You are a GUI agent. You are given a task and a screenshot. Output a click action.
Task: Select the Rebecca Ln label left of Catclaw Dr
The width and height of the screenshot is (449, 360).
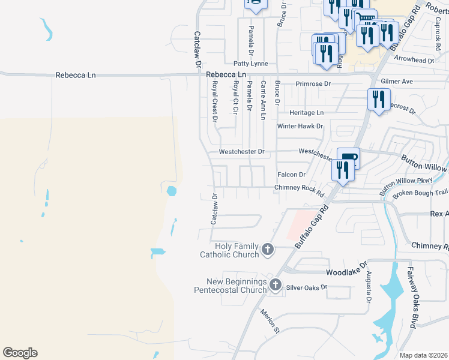76,75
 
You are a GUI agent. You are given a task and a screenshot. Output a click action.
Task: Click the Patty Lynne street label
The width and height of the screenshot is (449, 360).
251,63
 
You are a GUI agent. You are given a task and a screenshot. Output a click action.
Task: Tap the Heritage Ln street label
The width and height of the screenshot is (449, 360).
306,112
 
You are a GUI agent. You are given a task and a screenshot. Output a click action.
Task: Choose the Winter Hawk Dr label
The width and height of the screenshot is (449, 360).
300,127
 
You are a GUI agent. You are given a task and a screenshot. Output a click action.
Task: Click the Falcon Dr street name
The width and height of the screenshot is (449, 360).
292,175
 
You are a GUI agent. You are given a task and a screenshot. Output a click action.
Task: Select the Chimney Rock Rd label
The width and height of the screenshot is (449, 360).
299,187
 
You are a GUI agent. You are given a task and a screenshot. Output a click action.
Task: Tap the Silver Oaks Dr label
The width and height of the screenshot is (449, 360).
306,287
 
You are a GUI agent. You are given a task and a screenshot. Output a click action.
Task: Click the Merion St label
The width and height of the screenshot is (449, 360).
270,321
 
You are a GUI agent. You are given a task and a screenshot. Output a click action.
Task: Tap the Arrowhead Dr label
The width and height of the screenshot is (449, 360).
414,60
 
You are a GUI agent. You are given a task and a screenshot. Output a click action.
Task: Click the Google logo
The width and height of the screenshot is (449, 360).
20,353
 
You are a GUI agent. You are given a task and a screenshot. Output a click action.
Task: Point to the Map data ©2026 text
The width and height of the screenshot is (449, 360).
424,355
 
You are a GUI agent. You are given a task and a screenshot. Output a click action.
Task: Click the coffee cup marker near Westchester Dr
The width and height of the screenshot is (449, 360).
348,157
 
